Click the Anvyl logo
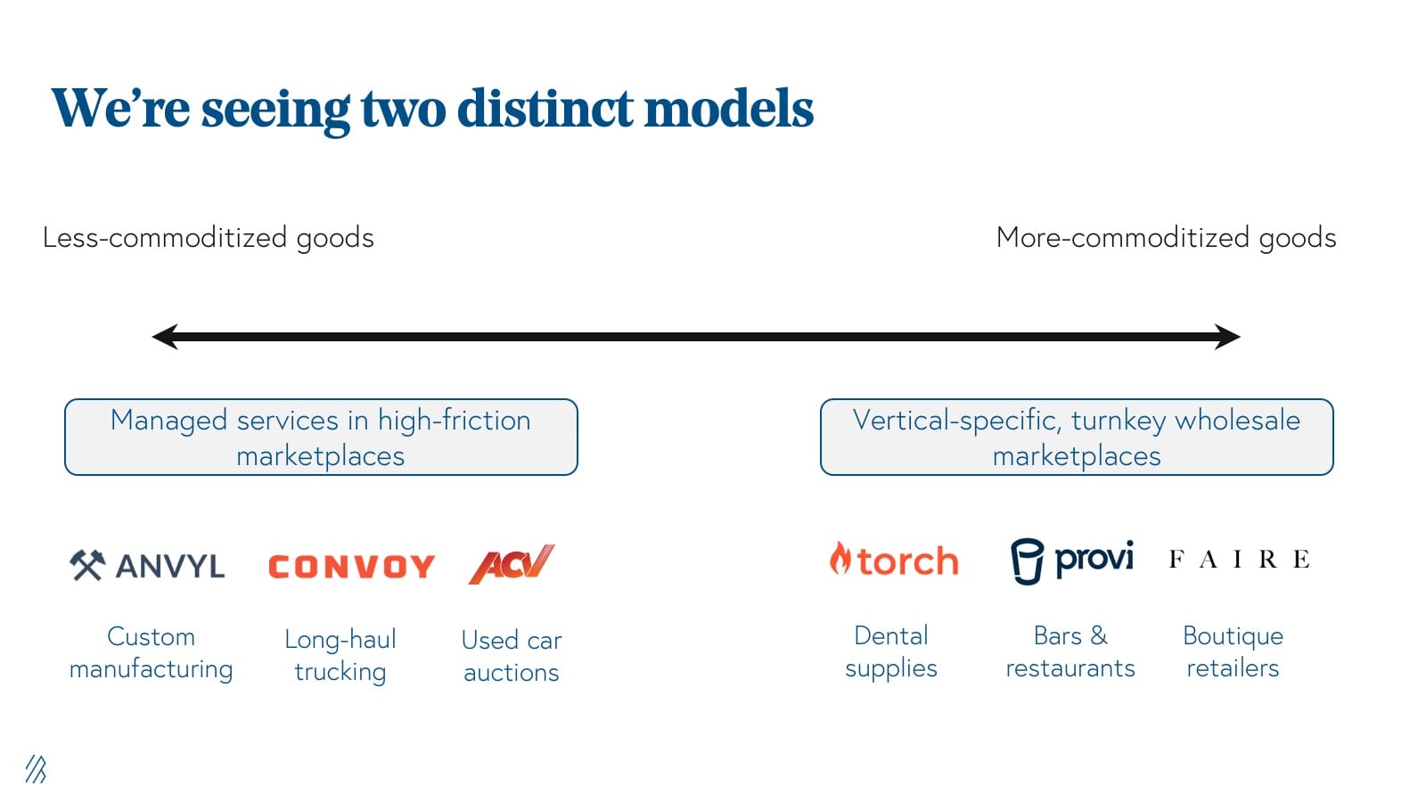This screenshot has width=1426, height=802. (147, 565)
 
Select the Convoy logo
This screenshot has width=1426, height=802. (351, 567)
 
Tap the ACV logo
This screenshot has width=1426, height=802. (512, 564)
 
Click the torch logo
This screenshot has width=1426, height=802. (894, 561)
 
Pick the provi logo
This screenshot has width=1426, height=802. (1072, 561)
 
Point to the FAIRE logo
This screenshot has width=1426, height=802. (1240, 560)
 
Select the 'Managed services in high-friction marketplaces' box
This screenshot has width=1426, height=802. (321, 438)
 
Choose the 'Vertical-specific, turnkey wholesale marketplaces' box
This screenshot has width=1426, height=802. (1077, 438)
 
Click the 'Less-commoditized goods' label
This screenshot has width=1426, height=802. (209, 238)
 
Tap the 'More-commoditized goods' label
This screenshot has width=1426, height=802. (1166, 238)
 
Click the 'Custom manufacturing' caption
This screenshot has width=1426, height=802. (151, 653)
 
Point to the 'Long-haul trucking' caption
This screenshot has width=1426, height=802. (340, 656)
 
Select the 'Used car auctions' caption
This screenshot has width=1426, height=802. (512, 656)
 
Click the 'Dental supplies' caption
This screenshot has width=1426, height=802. (891, 651)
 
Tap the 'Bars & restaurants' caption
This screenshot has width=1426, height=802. (1070, 651)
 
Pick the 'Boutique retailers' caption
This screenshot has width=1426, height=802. (1233, 651)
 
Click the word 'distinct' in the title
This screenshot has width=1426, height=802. (545, 108)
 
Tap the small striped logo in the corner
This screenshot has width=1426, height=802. (36, 769)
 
